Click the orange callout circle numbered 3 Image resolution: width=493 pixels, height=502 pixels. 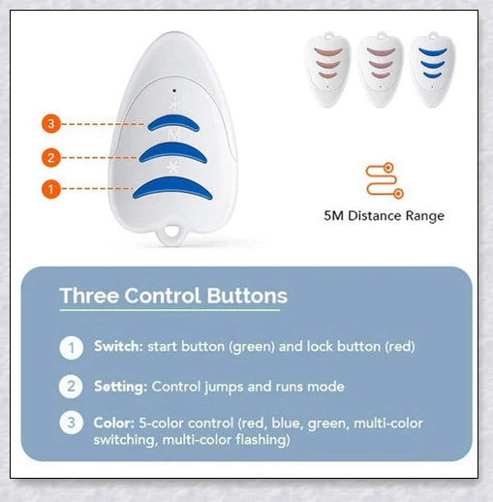pyautogui.click(x=51, y=124)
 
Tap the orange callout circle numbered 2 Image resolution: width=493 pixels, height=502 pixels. pyautogui.click(x=51, y=155)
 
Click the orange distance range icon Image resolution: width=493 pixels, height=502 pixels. pyautogui.click(x=385, y=180)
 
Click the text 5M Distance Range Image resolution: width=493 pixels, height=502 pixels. pyautogui.click(x=384, y=216)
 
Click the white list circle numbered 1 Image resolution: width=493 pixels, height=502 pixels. pyautogui.click(x=71, y=347)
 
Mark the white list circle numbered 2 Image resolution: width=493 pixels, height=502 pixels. pyautogui.click(x=71, y=387)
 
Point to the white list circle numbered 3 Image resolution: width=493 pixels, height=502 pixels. pyautogui.click(x=71, y=424)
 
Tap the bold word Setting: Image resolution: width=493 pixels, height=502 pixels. pyautogui.click(x=120, y=387)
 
